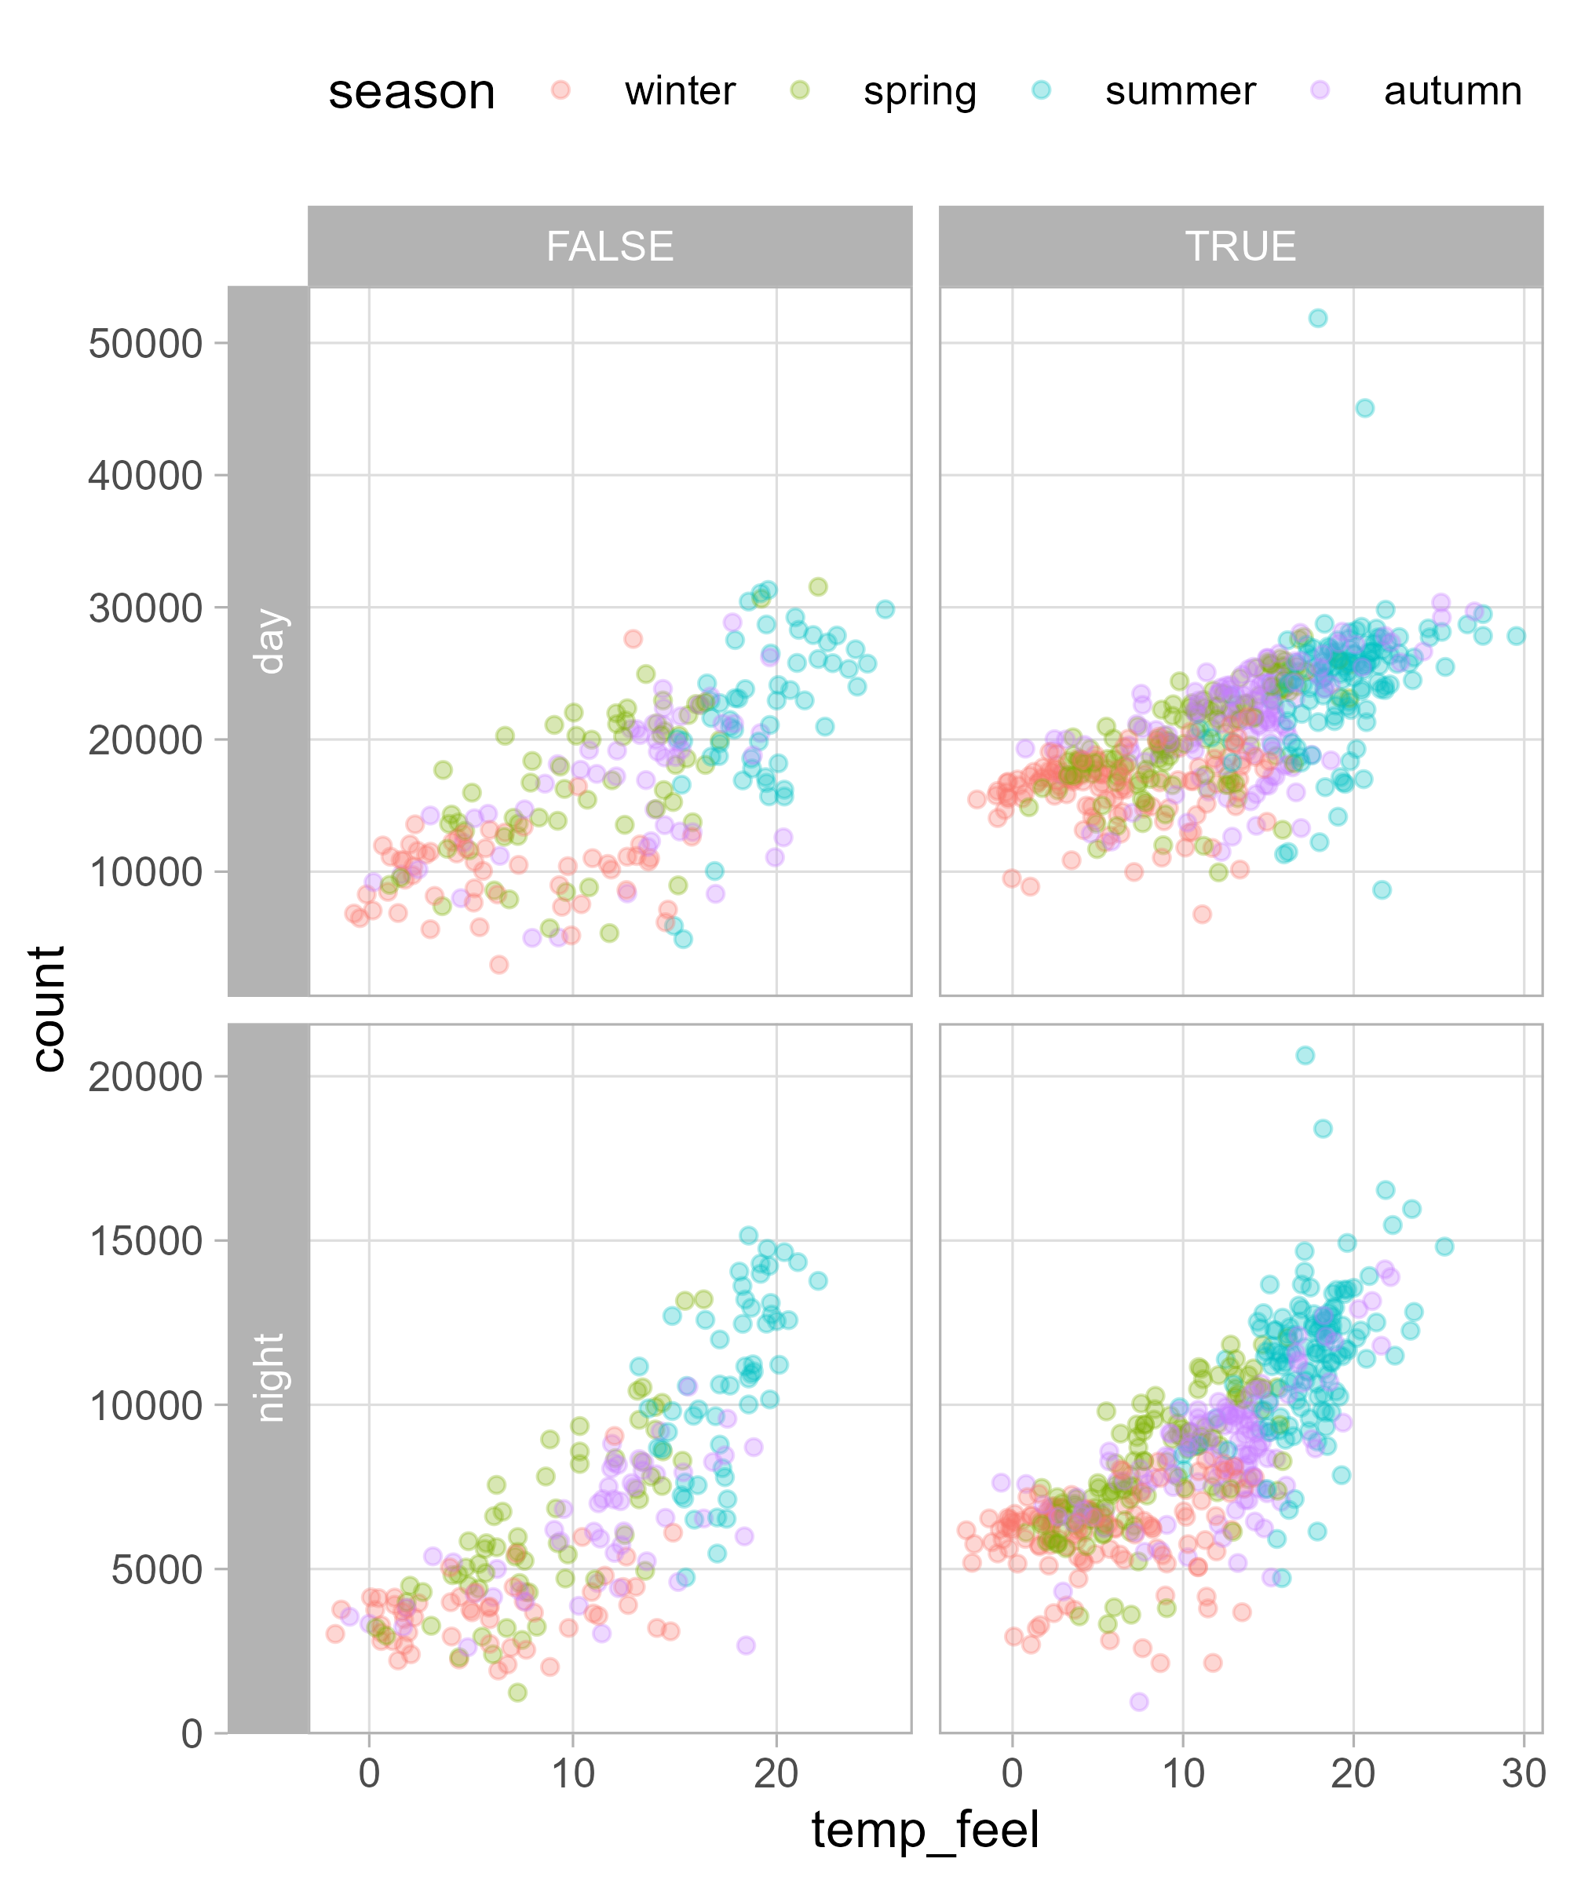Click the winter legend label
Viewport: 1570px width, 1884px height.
point(679,92)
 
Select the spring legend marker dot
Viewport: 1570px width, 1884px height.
point(798,89)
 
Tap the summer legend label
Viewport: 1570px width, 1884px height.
point(1180,92)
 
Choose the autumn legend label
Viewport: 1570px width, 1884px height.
point(1451,92)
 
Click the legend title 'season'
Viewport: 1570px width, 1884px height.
point(412,92)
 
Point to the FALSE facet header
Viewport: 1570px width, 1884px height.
point(609,246)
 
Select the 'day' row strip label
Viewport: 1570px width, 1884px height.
point(269,641)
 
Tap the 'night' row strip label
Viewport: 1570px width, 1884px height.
point(269,1377)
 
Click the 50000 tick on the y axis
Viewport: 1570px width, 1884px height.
point(145,344)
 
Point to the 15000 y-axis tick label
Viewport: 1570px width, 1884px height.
point(145,1242)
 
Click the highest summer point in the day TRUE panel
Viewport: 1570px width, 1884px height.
point(1317,319)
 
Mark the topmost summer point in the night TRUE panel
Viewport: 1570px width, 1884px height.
point(1305,1055)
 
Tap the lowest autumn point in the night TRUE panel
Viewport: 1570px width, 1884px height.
point(1138,1702)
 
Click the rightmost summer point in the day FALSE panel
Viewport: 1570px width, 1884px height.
point(885,609)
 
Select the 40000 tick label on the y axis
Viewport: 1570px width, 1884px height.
point(145,476)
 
